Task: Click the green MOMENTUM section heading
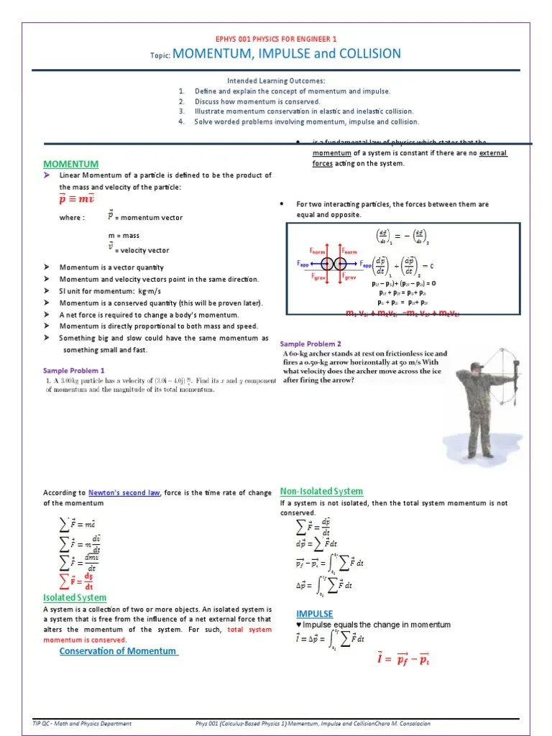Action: [x=70, y=164]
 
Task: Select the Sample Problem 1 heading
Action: [x=74, y=370]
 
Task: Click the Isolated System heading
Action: [x=75, y=598]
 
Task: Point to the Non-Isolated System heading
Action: [x=321, y=491]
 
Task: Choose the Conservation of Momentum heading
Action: [x=117, y=651]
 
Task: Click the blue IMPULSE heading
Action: [x=315, y=614]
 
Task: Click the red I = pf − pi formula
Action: [x=403, y=657]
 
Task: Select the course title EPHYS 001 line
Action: [x=276, y=39]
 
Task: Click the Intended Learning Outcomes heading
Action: [x=276, y=81]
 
